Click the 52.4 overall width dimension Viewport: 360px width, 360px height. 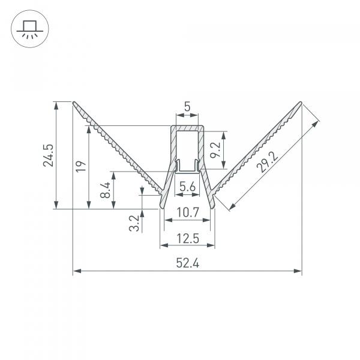(x=187, y=263)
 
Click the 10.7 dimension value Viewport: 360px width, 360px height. (x=187, y=212)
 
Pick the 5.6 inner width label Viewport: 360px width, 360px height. (x=187, y=187)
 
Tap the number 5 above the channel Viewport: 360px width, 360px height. (x=187, y=107)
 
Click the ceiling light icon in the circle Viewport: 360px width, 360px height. (x=28, y=28)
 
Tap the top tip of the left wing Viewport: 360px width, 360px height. (x=74, y=102)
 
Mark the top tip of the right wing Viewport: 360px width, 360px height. (x=300, y=102)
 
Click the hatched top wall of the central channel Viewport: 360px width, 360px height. (x=187, y=127)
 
